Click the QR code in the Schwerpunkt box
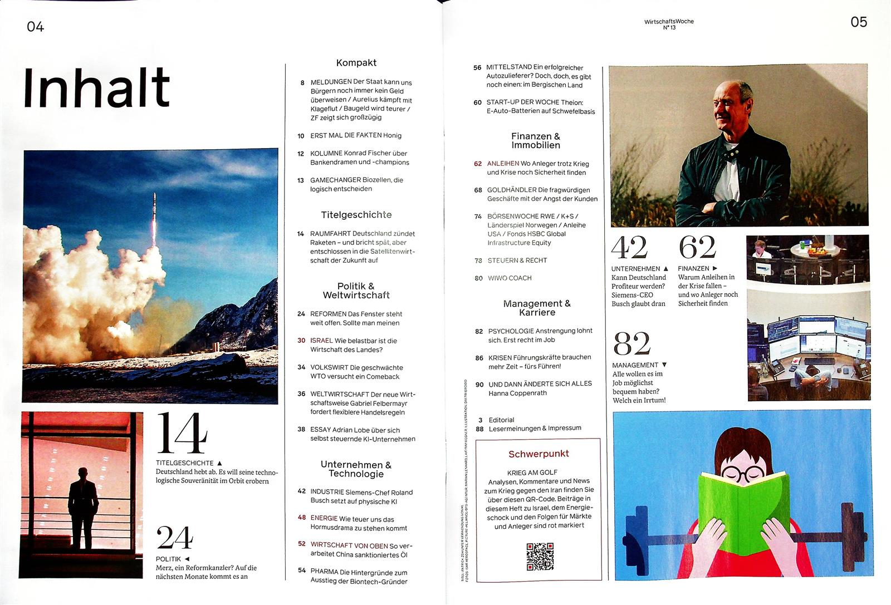point(540,556)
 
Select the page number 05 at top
point(859,22)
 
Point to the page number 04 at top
point(35,27)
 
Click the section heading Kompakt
point(356,63)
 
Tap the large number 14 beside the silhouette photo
point(182,434)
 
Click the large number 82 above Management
point(631,343)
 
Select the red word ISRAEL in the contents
point(321,341)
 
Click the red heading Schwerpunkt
point(538,454)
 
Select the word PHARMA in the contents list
point(324,572)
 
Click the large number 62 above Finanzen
point(697,247)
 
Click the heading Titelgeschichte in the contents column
point(356,215)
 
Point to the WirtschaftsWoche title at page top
point(669,22)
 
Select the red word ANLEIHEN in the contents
point(503,164)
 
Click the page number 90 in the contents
point(479,385)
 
